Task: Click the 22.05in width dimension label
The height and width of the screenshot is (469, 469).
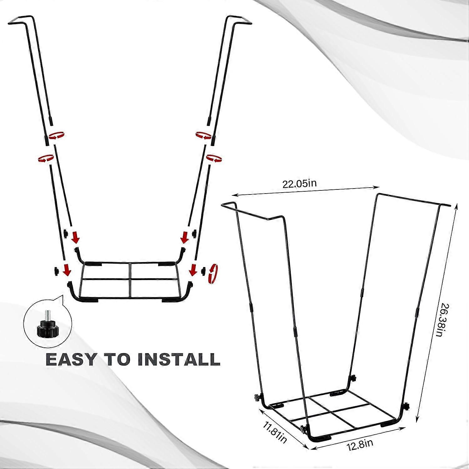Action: [x=299, y=183]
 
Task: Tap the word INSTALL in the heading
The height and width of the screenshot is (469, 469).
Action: [x=179, y=360]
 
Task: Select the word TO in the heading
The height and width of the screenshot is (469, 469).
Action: [x=118, y=360]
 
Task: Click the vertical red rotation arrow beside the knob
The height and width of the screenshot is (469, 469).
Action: [x=214, y=270]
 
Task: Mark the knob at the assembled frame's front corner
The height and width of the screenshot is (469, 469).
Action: [x=303, y=430]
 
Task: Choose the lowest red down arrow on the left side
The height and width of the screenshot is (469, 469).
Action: [x=67, y=270]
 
